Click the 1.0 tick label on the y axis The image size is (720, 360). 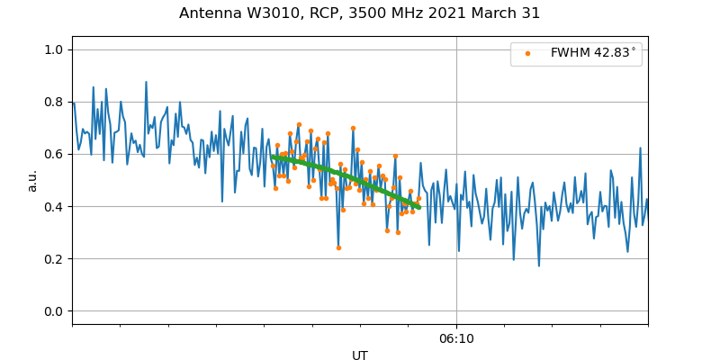pyautogui.click(x=56, y=49)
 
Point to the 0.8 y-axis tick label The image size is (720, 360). pyautogui.click(x=56, y=102)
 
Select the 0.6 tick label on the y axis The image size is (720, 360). pyautogui.click(x=56, y=154)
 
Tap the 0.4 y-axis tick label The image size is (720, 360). pyautogui.click(x=56, y=206)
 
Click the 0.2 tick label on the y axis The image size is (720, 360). pyautogui.click(x=56, y=258)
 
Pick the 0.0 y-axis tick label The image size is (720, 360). pyautogui.click(x=56, y=311)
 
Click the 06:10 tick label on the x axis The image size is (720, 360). pyautogui.click(x=456, y=338)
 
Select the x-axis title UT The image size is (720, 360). pyautogui.click(x=360, y=355)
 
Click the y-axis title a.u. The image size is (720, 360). pyautogui.click(x=32, y=180)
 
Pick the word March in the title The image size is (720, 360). pyautogui.click(x=491, y=13)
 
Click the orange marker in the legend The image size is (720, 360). pyautogui.click(x=527, y=54)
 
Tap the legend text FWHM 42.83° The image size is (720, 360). pyautogui.click(x=593, y=54)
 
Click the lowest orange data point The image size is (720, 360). pyautogui.click(x=338, y=247)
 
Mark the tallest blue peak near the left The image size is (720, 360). pyautogui.click(x=146, y=82)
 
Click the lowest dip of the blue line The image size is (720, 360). pyautogui.click(x=539, y=265)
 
